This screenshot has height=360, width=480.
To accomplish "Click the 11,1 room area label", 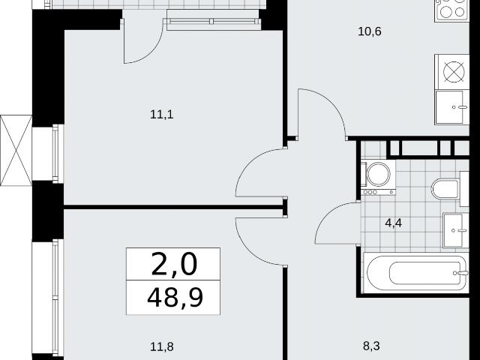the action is tap(162, 115).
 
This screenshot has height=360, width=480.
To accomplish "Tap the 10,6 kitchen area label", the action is tap(370, 31).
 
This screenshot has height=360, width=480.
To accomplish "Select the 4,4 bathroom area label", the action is tap(393, 223).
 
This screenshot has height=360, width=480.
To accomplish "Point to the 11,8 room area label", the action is tap(162, 346).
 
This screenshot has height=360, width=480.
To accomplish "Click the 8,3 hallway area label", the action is tap(371, 346).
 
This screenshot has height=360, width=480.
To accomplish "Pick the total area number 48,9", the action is tap(175, 298).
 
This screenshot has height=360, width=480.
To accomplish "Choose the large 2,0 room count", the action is tap(173, 264).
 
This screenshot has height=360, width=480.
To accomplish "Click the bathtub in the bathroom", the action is tap(415, 273).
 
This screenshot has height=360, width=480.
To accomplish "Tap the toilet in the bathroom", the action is tap(445, 189).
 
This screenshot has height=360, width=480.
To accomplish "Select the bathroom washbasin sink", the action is tap(455, 230).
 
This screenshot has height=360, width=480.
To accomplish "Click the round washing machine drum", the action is tap(379, 174).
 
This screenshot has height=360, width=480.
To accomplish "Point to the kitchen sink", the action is tap(451, 107).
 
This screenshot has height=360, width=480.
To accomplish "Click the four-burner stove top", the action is tap(451, 9).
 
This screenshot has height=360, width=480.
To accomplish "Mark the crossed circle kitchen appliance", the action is tap(454, 72).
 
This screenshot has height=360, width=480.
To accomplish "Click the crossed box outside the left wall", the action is tap(16, 150).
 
